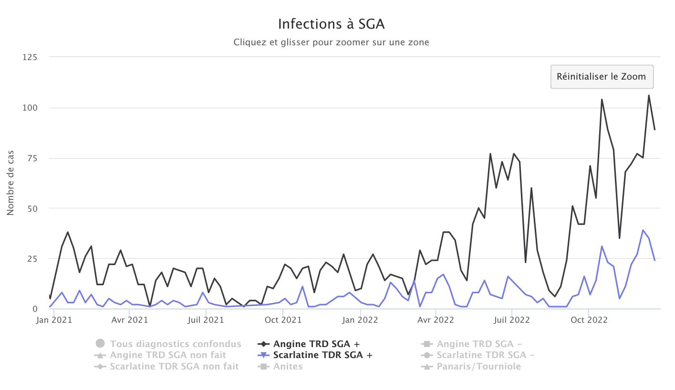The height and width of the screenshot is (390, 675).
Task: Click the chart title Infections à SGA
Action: coord(331,24)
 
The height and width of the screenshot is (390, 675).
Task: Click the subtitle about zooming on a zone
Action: coord(331,42)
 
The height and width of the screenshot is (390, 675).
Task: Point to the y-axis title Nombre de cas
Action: coord(10,183)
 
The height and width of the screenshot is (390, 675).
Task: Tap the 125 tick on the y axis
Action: coord(30,57)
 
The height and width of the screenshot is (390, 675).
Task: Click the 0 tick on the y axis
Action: coord(34,309)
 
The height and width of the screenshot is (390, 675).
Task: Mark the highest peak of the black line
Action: coord(649,95)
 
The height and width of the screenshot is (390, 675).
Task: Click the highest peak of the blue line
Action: coord(643,230)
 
